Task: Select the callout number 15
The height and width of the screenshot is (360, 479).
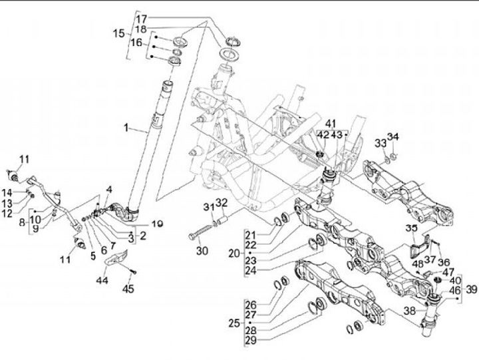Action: pyautogui.click(x=118, y=33)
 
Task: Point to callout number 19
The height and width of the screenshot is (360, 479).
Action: pyautogui.click(x=157, y=224)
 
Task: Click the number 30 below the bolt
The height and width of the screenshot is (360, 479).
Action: pyautogui.click(x=202, y=250)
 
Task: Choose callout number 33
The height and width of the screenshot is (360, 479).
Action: pyautogui.click(x=380, y=143)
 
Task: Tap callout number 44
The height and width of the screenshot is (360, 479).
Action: pyautogui.click(x=103, y=281)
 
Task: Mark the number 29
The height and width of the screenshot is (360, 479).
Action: pyautogui.click(x=250, y=340)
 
